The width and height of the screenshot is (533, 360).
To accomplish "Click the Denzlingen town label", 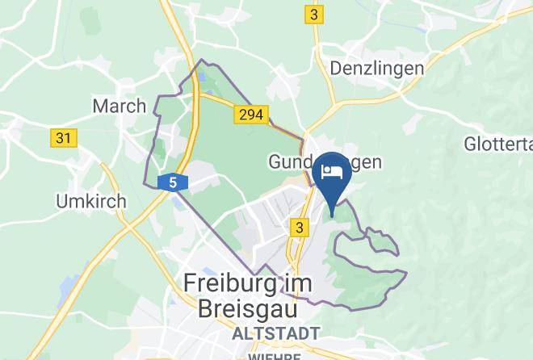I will click(376, 68).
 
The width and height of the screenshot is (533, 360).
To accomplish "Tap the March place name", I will click(120, 106).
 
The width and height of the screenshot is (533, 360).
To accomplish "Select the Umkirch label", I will click(90, 201).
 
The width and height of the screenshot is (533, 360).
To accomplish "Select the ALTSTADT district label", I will click(275, 333).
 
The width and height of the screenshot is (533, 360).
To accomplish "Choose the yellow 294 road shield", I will click(251, 115).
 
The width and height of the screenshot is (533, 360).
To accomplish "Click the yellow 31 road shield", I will click(64, 138).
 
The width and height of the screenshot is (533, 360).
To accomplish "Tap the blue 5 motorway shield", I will click(174, 183).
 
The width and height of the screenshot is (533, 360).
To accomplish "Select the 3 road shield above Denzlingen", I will click(313, 15).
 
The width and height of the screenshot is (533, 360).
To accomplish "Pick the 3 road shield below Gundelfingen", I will click(300, 228).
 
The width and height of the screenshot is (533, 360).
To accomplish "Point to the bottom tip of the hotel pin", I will click(333, 217).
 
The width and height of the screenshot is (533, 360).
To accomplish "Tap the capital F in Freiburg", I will click(191, 283).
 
